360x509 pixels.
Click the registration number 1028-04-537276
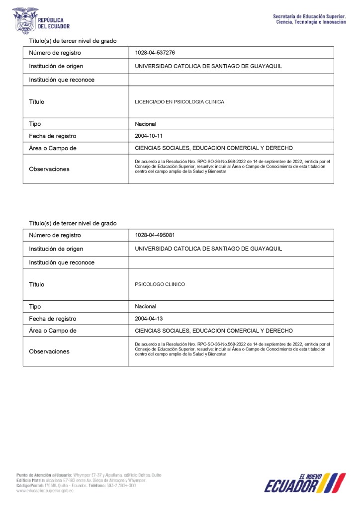(x=155, y=53)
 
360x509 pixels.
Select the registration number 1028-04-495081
(x=155, y=235)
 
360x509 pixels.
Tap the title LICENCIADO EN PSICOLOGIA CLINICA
(x=180, y=102)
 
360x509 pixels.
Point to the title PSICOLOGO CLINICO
(x=160, y=284)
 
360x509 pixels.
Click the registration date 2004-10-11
(x=149, y=136)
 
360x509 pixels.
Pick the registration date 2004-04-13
(x=149, y=319)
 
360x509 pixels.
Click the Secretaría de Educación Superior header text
(x=309, y=19)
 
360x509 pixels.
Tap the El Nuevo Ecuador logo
(x=304, y=483)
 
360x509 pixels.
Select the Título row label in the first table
(x=37, y=102)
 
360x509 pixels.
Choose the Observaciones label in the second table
(x=49, y=351)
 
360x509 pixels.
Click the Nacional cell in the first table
(x=146, y=124)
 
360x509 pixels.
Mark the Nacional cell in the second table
(x=146, y=306)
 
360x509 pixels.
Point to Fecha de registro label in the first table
(x=53, y=136)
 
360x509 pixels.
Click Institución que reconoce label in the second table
(x=62, y=262)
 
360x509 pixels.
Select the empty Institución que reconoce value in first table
(x=231, y=80)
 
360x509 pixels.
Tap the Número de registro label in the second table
(x=55, y=235)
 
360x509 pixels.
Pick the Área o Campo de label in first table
(x=53, y=148)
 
